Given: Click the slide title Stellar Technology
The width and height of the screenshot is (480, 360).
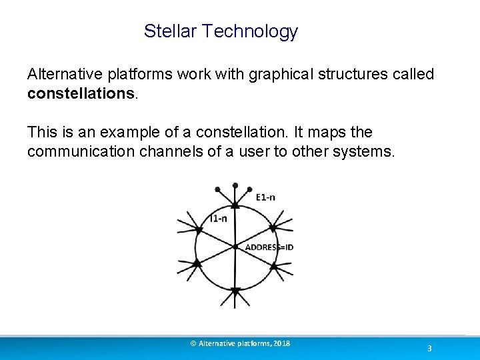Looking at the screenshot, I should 221,31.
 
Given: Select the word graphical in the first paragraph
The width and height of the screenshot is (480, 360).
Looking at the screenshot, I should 281,74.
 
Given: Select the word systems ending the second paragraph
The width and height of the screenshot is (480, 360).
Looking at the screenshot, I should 367,152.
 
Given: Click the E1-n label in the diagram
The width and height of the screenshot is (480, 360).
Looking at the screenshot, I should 265,197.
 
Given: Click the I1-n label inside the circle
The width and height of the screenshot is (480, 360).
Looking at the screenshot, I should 218,218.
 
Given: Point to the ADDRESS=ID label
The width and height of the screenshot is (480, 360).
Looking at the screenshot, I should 269,247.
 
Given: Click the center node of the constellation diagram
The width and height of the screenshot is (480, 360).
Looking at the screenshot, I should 235,247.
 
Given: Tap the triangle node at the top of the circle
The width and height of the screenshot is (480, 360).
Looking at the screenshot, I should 235,202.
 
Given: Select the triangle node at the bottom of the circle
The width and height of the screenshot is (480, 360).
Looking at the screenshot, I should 235,291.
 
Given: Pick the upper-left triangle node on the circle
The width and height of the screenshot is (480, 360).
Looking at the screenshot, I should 198,230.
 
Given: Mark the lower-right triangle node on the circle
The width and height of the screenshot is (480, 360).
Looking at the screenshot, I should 273,265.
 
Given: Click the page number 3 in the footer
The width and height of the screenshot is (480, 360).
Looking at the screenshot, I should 429,349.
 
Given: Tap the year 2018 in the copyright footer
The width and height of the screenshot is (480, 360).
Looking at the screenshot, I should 281,343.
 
